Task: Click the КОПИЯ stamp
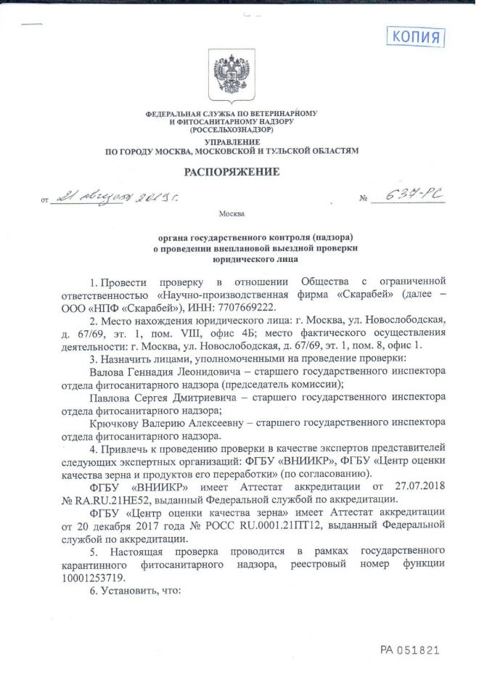(x=416, y=36)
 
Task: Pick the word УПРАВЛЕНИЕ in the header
(x=232, y=141)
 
